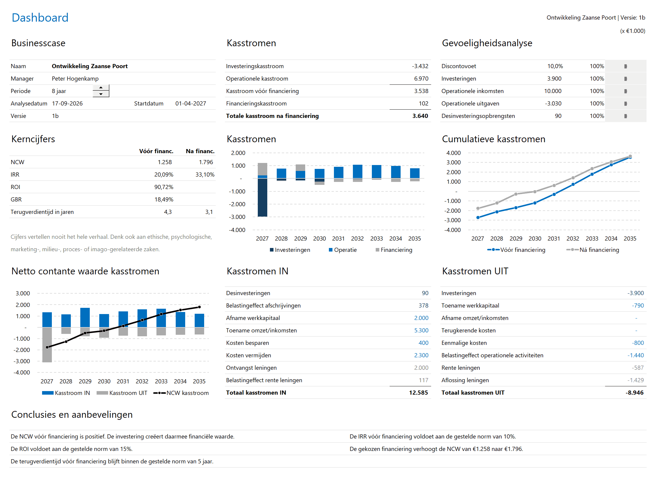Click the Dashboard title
pos(40,18)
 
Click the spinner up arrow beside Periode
pos(101,88)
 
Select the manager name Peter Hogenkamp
pos(75,79)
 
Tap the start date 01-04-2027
pos(191,103)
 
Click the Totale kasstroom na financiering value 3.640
pos(420,116)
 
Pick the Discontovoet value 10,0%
pos(555,66)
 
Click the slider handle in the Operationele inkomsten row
pos(625,91)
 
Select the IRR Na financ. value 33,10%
pos(205,175)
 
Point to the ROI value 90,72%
pos(164,187)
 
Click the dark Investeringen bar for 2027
pos(262,197)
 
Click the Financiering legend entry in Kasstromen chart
pos(394,250)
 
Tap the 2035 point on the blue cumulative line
pos(630,157)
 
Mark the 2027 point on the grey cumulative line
pos(478,208)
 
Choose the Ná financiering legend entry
pos(593,250)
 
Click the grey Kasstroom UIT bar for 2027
pos(47,345)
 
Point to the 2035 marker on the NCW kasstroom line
pos(199,307)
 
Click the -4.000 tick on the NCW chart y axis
pos(22,372)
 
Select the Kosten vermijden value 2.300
pos(421,355)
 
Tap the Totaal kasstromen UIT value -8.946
pos(634,393)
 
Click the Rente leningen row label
pos(460,368)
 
